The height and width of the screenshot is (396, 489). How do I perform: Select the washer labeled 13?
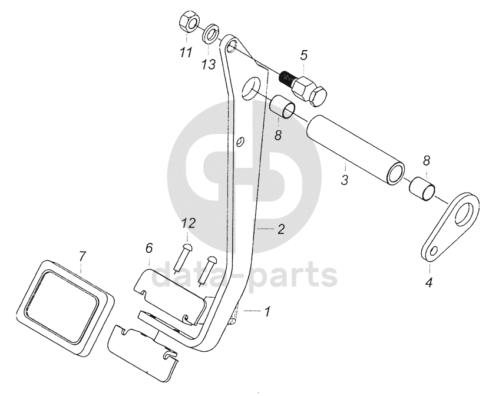[x=210, y=33]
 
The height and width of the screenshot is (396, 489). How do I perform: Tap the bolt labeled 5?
[x=308, y=89]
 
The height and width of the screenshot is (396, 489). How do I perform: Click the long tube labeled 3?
[x=356, y=150]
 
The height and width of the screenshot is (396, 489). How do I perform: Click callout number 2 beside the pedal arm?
[x=281, y=229]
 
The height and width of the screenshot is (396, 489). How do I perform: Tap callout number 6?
[x=148, y=249]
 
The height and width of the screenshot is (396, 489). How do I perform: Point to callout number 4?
[x=428, y=283]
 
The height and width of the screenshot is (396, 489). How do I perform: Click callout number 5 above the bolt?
[x=303, y=56]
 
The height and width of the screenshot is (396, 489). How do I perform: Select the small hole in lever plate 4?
[x=434, y=252]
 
